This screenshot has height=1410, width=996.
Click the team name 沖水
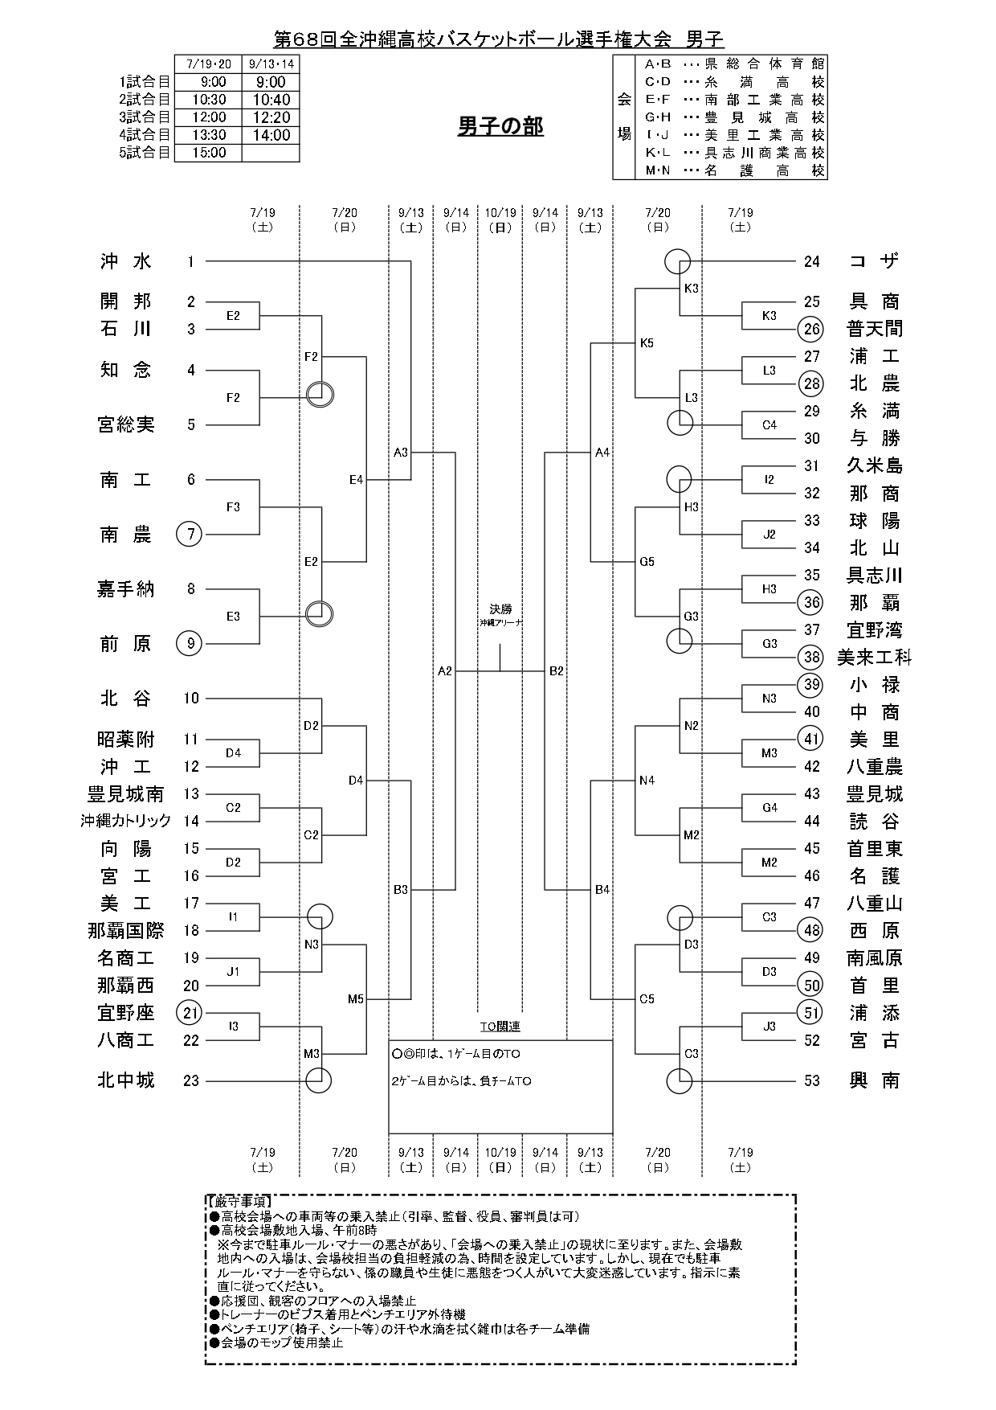pyautogui.click(x=126, y=261)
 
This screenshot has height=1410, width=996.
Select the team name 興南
pyautogui.click(x=875, y=1080)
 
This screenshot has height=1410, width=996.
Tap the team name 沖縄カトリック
pyautogui.click(x=126, y=821)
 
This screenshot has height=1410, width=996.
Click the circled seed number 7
pyautogui.click(x=189, y=535)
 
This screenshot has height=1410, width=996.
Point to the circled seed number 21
pyautogui.click(x=190, y=1013)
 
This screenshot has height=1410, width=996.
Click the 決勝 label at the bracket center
pyautogui.click(x=500, y=609)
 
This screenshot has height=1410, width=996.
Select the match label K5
pyautogui.click(x=647, y=343)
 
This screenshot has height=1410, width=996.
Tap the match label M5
pyautogui.click(x=356, y=999)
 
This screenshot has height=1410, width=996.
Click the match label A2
pyautogui.click(x=445, y=670)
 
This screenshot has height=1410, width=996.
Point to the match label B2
pyautogui.click(x=557, y=670)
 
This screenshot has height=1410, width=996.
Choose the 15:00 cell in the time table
pyautogui.click(x=208, y=153)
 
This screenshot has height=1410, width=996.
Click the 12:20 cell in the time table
pyautogui.click(x=271, y=117)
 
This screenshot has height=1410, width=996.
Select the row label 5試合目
pyautogui.click(x=145, y=153)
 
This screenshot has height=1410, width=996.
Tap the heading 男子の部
pyautogui.click(x=500, y=126)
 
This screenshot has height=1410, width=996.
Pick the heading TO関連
pyautogui.click(x=500, y=1027)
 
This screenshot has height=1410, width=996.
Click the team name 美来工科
pyautogui.click(x=875, y=658)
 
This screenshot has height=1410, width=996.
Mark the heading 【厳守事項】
pyautogui.click(x=239, y=1201)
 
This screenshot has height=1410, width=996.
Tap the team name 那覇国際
pyautogui.click(x=126, y=931)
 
